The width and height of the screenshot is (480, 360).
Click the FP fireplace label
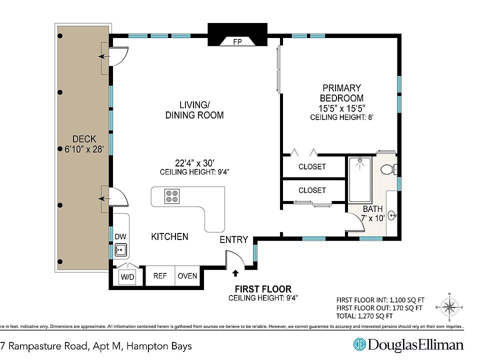pos(237,42)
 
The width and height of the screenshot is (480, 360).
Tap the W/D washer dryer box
pos(126,276)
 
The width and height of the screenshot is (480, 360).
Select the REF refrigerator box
pos(160,276)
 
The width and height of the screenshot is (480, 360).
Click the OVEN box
pos(187,276)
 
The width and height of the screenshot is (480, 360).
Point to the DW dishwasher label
pos(120,236)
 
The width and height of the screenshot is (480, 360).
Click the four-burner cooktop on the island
pos(172,196)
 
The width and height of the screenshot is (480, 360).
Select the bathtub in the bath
pos(359,179)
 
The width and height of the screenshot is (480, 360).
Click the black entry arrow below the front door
pos(235,272)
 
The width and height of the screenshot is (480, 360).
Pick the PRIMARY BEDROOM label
pos(341,93)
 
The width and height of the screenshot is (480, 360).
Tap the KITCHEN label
pos(169,236)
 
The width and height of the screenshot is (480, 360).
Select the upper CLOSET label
pos(312,166)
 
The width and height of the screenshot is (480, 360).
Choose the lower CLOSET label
pos(312,190)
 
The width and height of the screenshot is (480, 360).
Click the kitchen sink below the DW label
pos(120,248)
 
